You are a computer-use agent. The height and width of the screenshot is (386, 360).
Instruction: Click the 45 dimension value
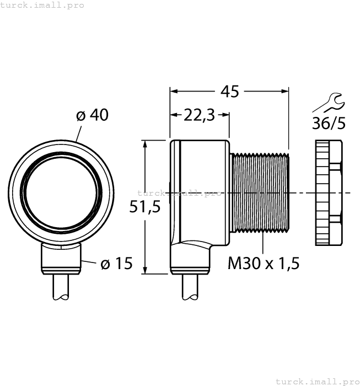pos(229,91)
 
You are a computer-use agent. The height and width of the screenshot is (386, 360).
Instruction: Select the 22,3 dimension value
pos(198,115)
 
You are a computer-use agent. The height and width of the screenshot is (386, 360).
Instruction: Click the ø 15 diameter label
pos(116,264)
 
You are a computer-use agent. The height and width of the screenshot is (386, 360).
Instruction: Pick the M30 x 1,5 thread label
pos(264,264)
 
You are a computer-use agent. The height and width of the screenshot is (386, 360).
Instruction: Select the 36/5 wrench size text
pos(329,123)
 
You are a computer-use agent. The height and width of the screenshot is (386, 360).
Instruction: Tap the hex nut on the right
pos(329,192)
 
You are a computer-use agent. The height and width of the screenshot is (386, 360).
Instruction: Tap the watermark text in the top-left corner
pos(42,5)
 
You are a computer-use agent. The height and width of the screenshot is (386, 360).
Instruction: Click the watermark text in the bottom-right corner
pos(316,381)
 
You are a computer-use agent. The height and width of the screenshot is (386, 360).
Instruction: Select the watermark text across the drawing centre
pos(179,193)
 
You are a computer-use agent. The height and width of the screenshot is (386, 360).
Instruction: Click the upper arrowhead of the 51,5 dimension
pos(145,143)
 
